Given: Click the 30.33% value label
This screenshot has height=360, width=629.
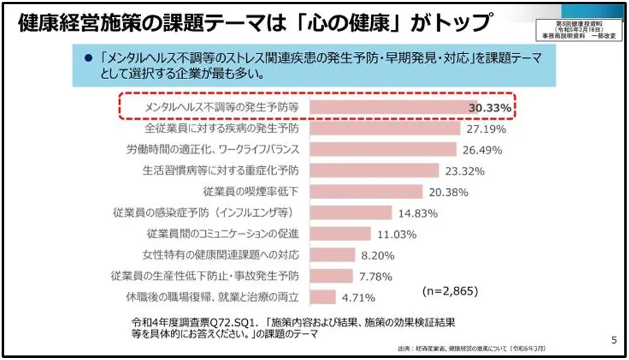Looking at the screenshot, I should tap(489, 108).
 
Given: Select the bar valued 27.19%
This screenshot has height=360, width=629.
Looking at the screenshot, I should tap(385, 129).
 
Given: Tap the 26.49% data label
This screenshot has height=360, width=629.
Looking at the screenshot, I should tap(483, 150).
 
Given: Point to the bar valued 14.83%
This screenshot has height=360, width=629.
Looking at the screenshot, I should tap(351, 212).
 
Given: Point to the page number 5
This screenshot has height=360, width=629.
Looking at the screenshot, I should tap(614, 340).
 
